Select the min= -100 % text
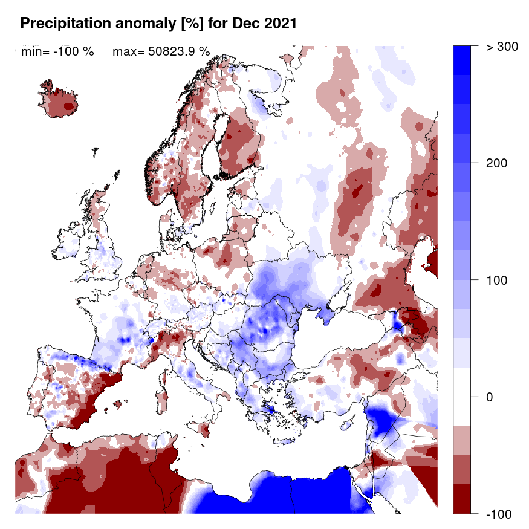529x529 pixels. (57, 52)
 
